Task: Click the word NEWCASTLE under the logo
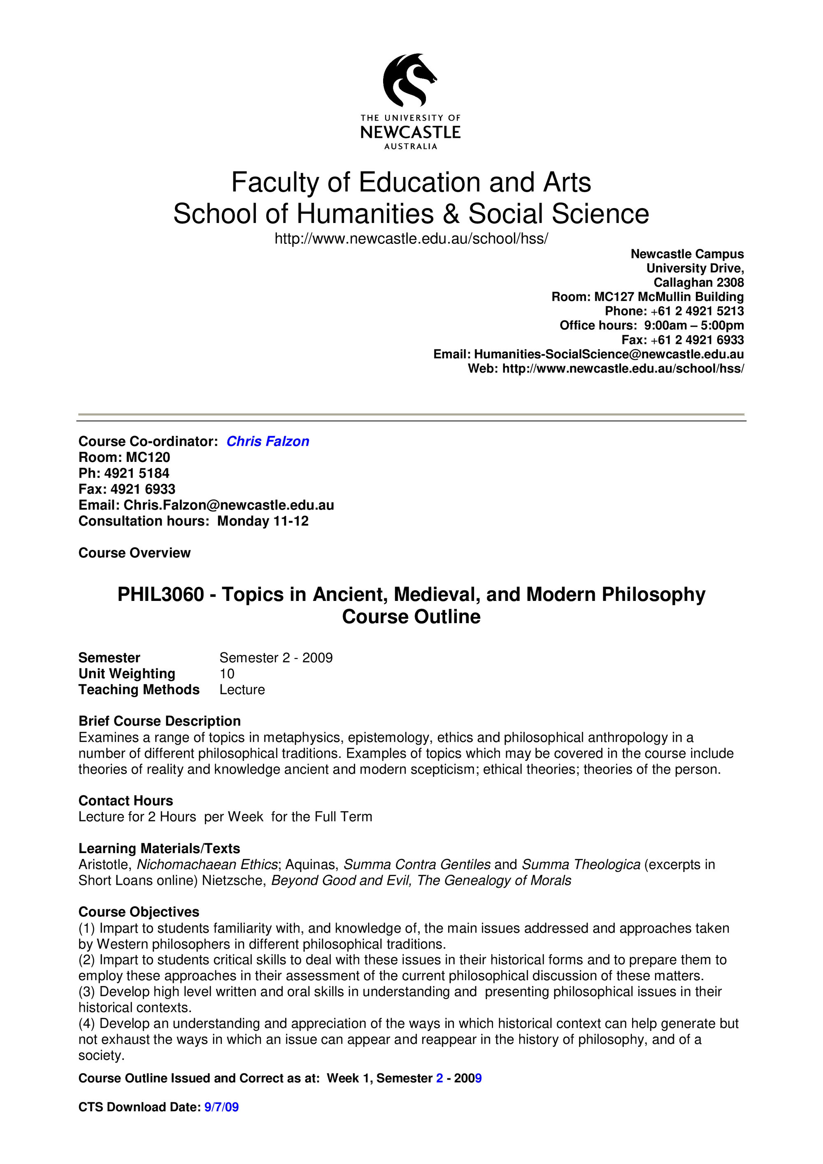tap(410, 132)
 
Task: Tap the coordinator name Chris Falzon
tap(268, 442)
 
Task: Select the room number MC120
tap(148, 457)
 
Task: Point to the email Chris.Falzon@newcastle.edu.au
tap(229, 505)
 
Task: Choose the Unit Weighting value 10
tap(227, 674)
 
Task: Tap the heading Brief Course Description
tap(160, 721)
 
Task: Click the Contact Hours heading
tap(126, 800)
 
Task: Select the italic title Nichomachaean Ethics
tap(207, 865)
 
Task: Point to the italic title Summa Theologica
tap(581, 865)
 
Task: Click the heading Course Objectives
tap(139, 911)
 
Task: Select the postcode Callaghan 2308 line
tap(698, 283)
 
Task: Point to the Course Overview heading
tap(135, 553)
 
